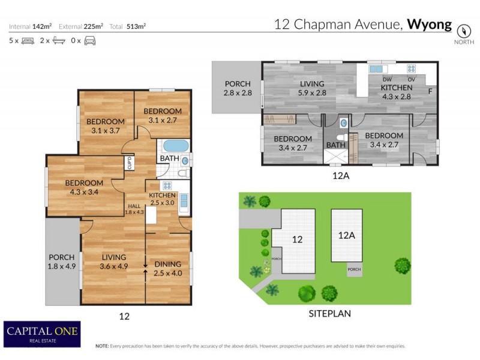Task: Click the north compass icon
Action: coord(463,30)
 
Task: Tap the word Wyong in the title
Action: coord(430,25)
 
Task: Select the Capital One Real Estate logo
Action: coord(42,334)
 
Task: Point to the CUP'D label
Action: coord(129,163)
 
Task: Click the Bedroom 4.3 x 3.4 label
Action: coord(84,187)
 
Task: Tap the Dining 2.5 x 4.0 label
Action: coord(167,268)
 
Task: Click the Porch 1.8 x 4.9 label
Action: coord(61,262)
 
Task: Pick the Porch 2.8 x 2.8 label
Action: coord(238,88)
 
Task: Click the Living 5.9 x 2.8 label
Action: coord(311,88)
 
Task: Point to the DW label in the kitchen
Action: coord(387,79)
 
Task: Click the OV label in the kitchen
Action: coord(412,79)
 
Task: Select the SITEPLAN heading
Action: coord(330,313)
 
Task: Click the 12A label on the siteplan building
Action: coord(347,236)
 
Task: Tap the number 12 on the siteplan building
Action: coord(296,239)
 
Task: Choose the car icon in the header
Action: coord(90,41)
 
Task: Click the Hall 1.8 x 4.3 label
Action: coord(134,209)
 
